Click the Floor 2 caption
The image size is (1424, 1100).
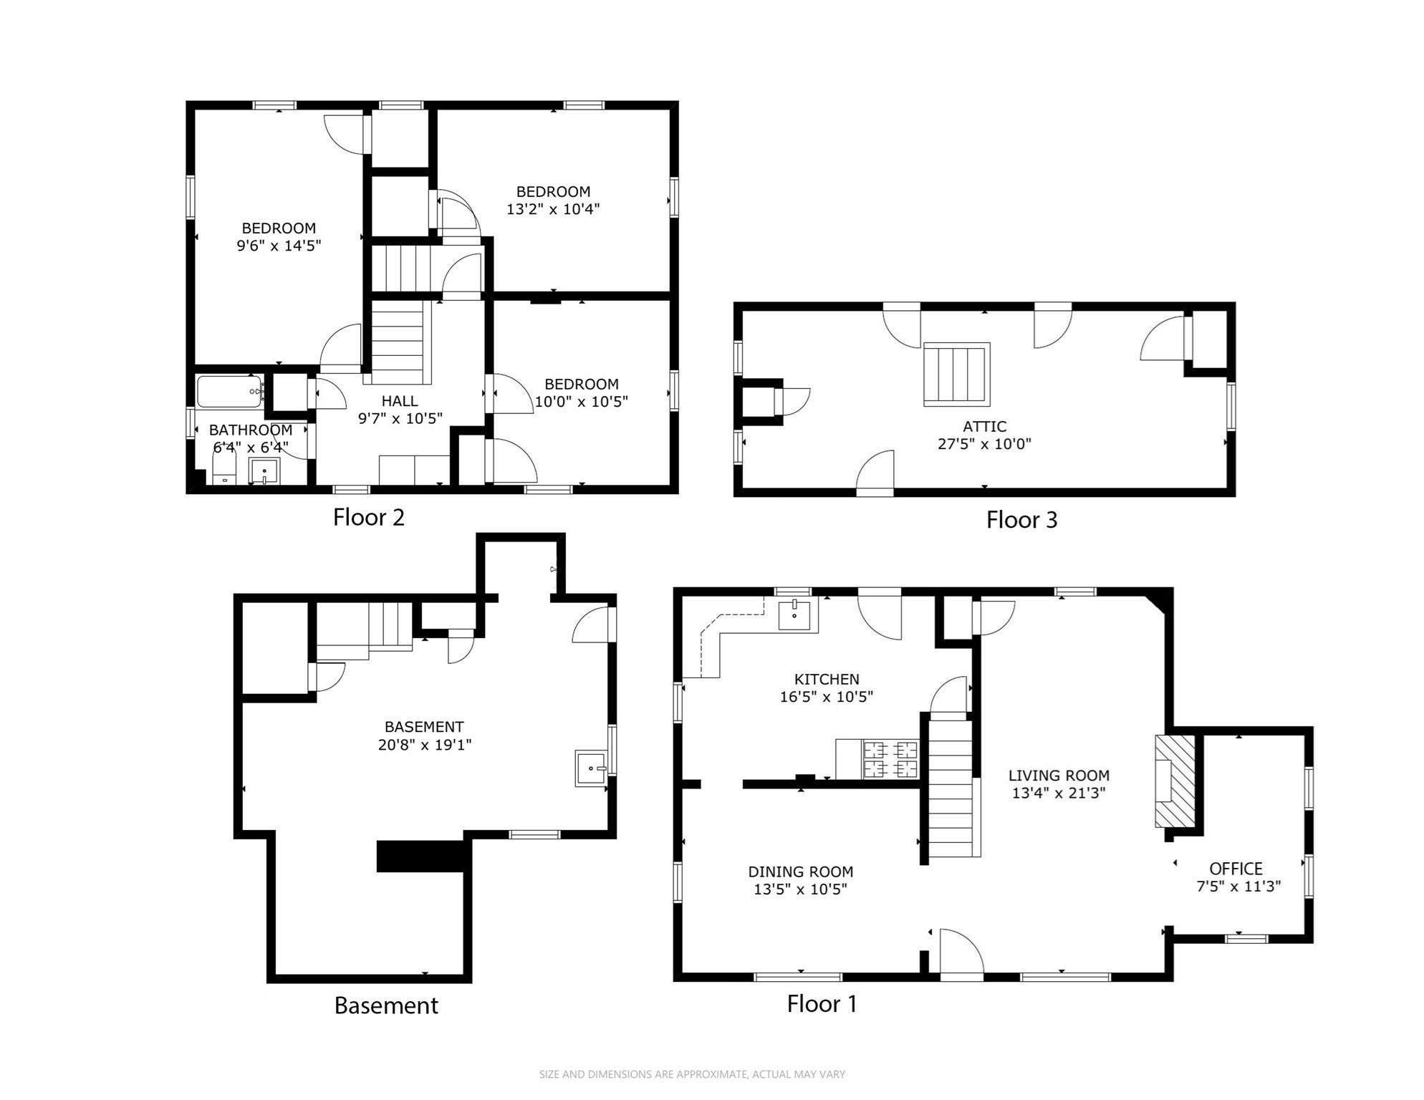click(x=369, y=517)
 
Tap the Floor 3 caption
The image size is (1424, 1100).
click(x=1021, y=520)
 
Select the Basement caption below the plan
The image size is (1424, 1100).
click(x=386, y=1005)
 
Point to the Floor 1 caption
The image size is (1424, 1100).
click(x=822, y=1003)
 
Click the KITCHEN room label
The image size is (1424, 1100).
click(x=827, y=679)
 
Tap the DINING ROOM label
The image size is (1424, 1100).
click(x=801, y=872)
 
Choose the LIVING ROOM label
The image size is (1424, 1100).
click(x=1059, y=775)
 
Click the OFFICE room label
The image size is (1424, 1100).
click(x=1236, y=869)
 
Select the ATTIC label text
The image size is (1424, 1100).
click(x=984, y=426)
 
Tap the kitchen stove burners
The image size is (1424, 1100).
click(x=892, y=760)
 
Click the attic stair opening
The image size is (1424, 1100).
click(x=957, y=375)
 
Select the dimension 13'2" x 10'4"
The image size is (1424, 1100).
click(x=553, y=209)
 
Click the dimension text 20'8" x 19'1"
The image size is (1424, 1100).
click(x=425, y=745)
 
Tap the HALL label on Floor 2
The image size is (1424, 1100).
click(x=400, y=400)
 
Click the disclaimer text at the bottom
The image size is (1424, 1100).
click(x=692, y=1074)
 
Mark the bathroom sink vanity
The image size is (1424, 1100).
click(x=264, y=472)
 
